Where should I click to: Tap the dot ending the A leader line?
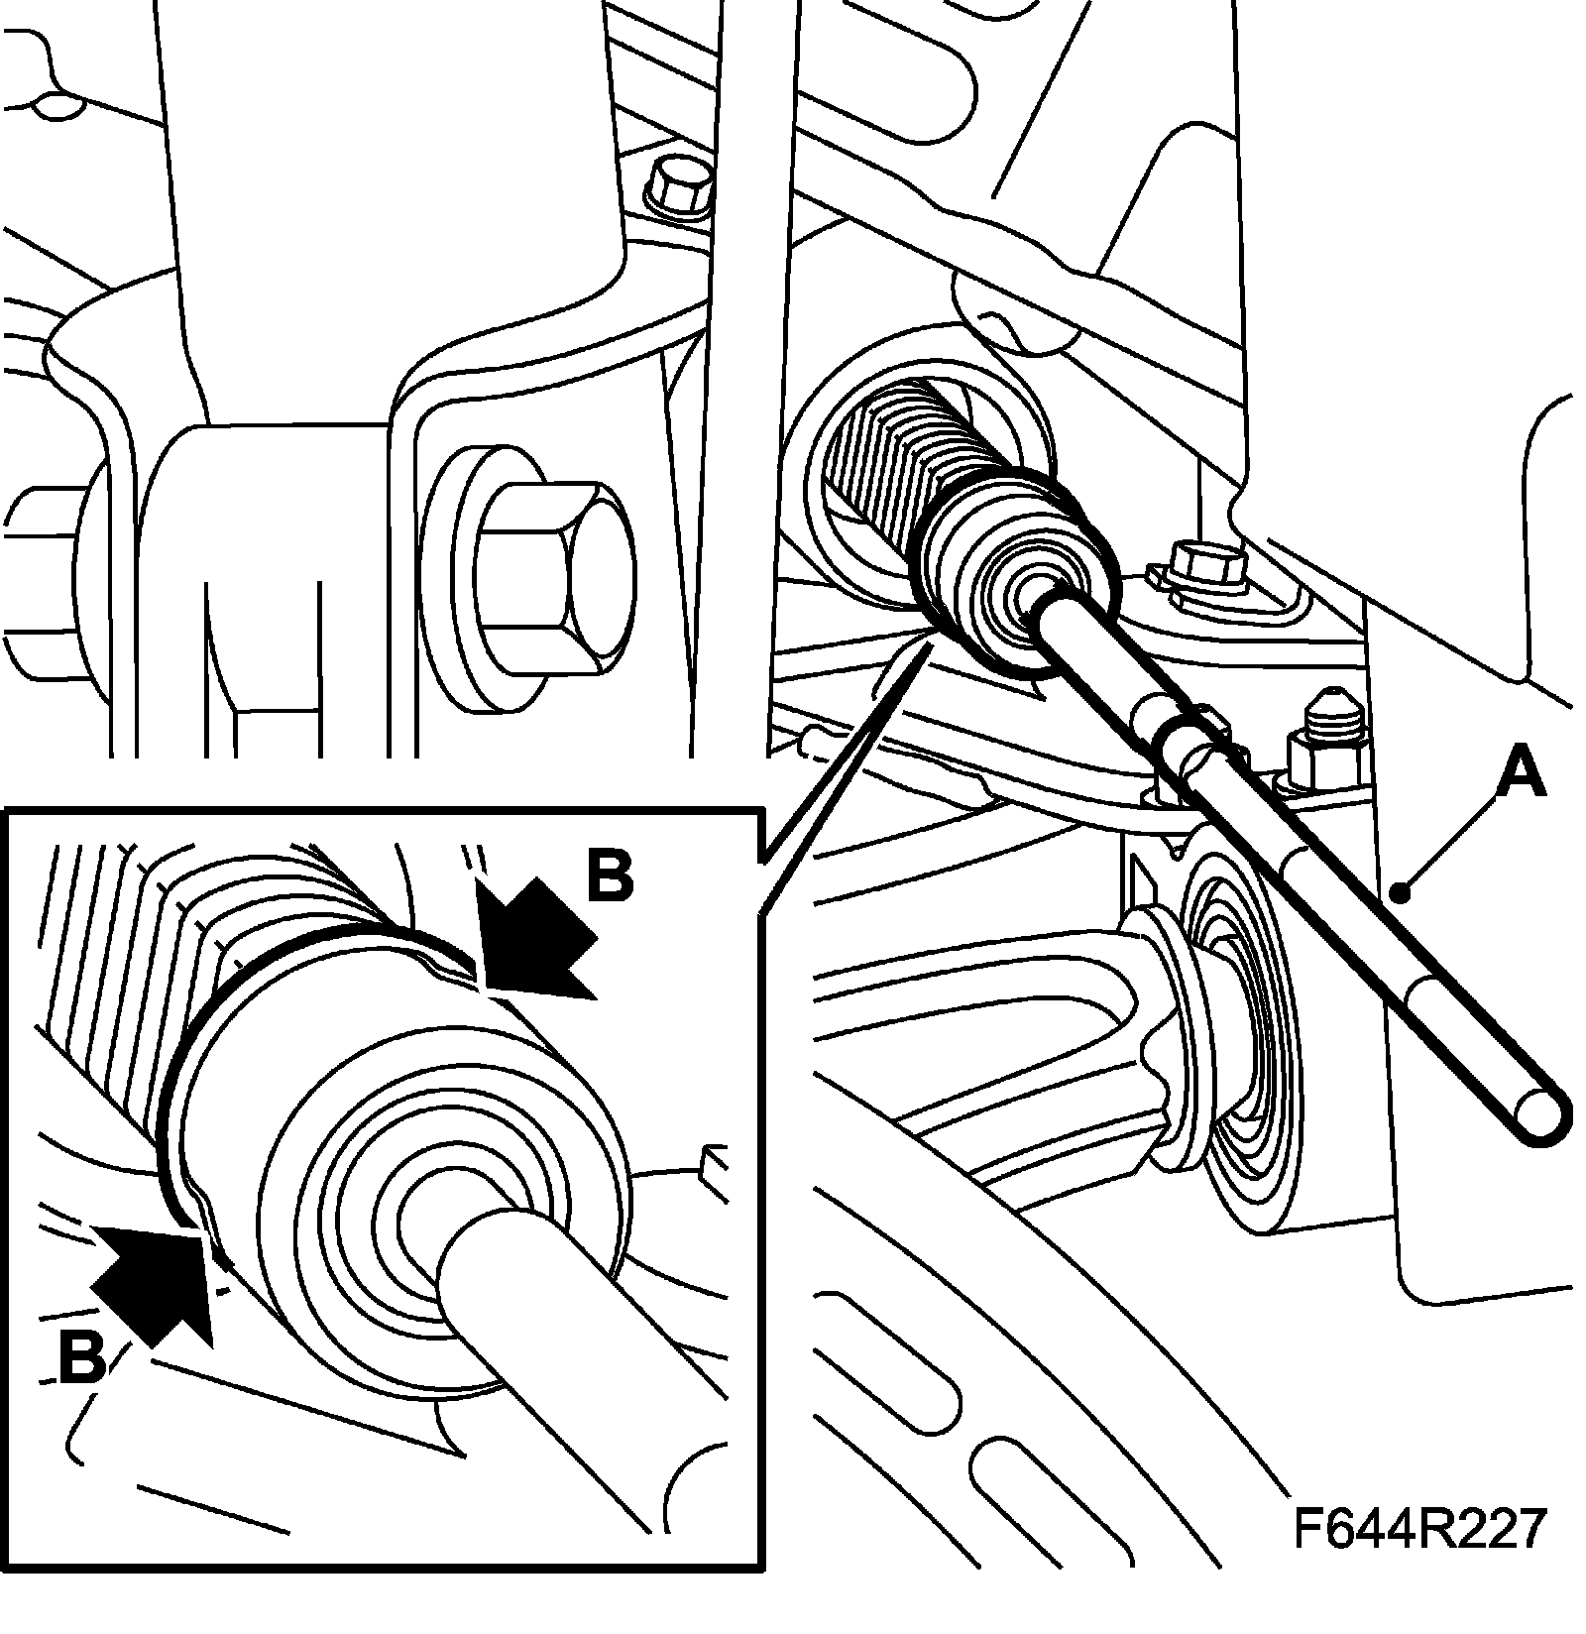point(1400,893)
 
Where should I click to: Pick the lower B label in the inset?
point(81,1357)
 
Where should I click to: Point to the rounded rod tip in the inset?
point(466,1249)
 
